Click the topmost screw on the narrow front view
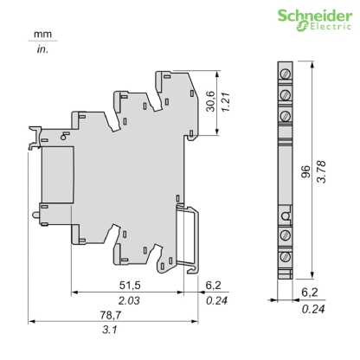pos(284,73)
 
